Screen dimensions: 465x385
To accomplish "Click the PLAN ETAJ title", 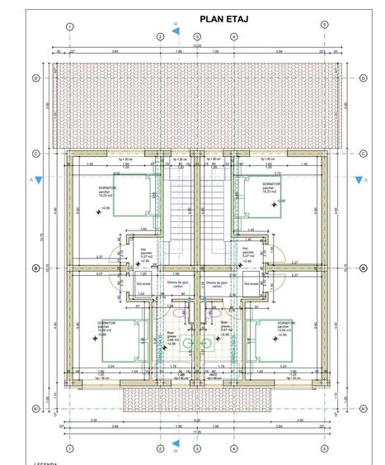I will click(224, 18).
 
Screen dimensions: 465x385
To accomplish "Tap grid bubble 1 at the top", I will click(70, 26).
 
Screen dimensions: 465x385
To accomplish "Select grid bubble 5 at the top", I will click(324, 26).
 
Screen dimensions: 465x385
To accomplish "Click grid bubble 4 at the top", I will click(234, 36).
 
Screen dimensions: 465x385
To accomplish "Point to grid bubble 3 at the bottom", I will click(197, 448).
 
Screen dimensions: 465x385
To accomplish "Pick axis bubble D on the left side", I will click(35, 78).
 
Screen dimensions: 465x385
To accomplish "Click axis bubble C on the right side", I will click(363, 154).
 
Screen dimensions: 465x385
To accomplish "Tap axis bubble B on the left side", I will click(35, 268).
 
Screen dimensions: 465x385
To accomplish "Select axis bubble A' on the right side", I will click(363, 408).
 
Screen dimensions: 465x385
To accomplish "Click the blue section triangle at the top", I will click(176, 31).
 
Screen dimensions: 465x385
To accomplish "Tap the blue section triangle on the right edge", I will click(359, 179).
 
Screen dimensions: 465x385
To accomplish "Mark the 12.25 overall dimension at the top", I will click(197, 45).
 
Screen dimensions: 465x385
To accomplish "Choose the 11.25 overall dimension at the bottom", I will click(197, 431).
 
